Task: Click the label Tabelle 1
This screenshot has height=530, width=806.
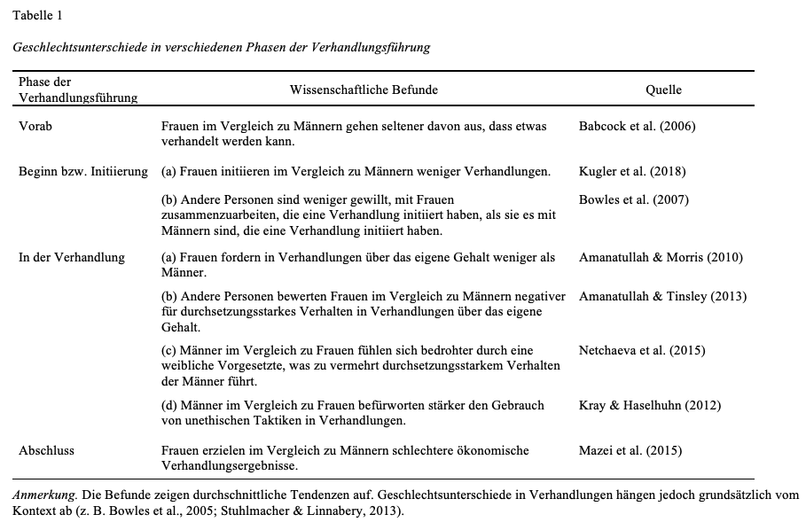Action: (x=38, y=15)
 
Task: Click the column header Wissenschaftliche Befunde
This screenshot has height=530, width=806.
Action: (x=364, y=90)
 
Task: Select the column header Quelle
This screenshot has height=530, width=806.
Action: (x=663, y=90)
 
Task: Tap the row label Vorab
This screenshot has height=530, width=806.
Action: (x=35, y=126)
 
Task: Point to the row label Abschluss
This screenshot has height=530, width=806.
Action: (x=46, y=450)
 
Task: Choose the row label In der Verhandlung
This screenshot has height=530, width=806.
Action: (x=72, y=258)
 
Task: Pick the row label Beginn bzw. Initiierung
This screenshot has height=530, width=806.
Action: (x=83, y=171)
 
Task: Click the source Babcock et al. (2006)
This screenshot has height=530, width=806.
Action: (x=637, y=126)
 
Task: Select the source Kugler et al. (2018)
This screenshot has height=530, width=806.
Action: (x=632, y=171)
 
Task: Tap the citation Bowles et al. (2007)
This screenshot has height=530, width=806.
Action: (x=633, y=199)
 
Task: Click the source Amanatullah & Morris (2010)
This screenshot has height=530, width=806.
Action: (x=661, y=258)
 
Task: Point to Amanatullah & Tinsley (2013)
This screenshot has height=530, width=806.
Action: (x=662, y=296)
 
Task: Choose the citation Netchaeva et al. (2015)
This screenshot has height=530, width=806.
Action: (x=642, y=350)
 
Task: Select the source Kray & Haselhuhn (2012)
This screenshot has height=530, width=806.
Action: (x=650, y=405)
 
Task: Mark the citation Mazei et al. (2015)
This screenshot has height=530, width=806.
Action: (x=630, y=450)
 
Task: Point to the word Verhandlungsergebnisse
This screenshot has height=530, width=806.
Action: (x=230, y=465)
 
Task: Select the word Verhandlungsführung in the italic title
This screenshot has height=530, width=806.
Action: (x=372, y=47)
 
